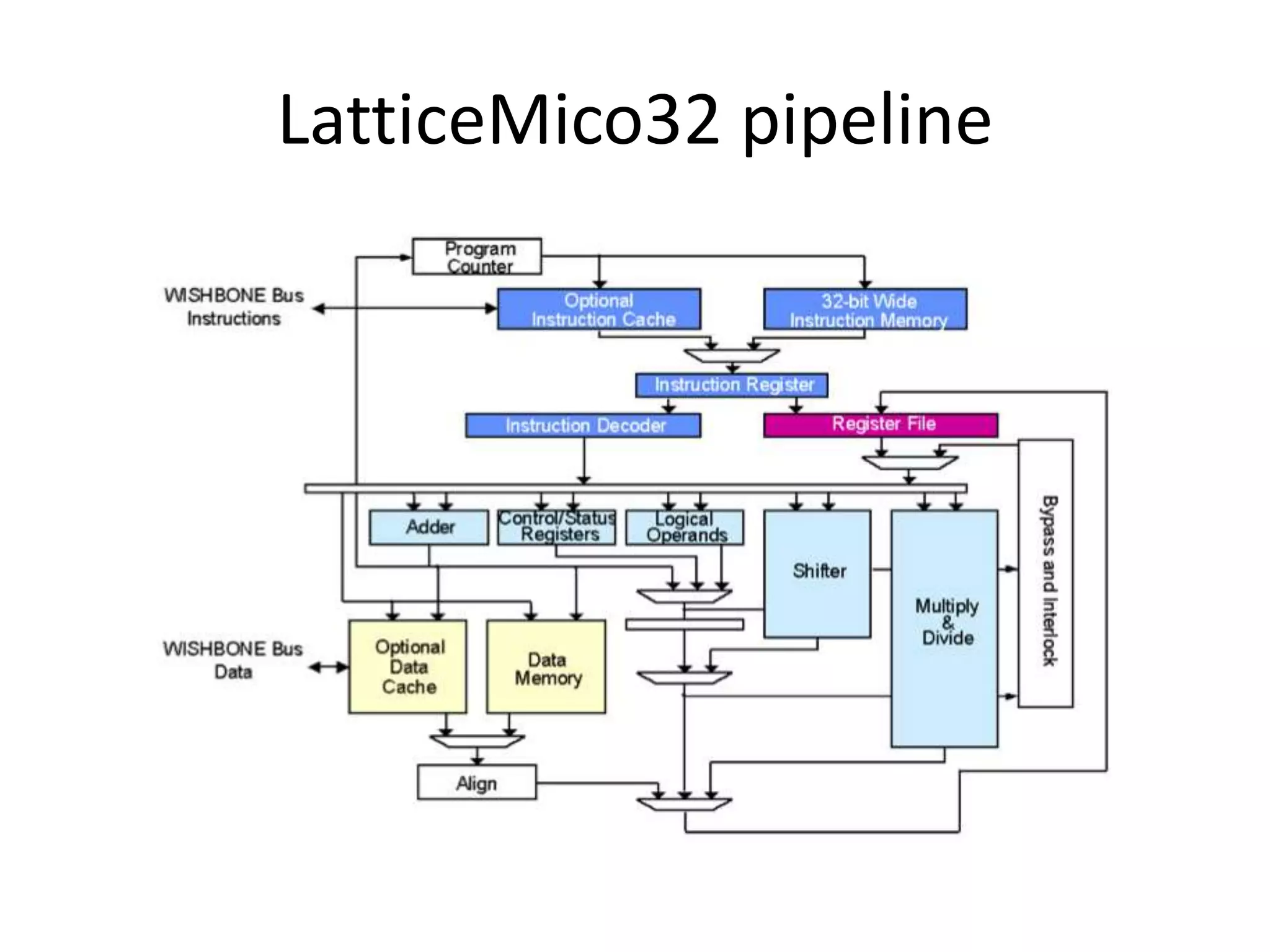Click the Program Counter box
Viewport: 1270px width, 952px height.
point(476,257)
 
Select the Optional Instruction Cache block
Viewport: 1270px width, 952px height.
point(599,309)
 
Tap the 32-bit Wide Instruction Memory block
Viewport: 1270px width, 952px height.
point(865,309)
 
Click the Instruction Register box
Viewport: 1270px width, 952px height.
point(732,385)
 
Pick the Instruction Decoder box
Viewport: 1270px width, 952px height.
point(583,425)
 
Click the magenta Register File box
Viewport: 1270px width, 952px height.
point(881,425)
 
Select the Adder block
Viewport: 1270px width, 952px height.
point(429,527)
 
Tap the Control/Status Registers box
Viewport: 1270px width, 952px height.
point(557,527)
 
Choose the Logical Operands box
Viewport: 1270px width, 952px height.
point(685,527)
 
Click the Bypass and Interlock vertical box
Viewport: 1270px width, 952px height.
point(1046,573)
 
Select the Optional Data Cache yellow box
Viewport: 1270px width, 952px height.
point(407,667)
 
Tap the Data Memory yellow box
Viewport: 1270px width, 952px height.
point(546,667)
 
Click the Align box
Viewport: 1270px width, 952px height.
point(476,782)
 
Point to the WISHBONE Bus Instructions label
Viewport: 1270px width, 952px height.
point(234,307)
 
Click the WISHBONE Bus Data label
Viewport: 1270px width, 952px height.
point(233,660)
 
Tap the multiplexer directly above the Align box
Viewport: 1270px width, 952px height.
point(477,741)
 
